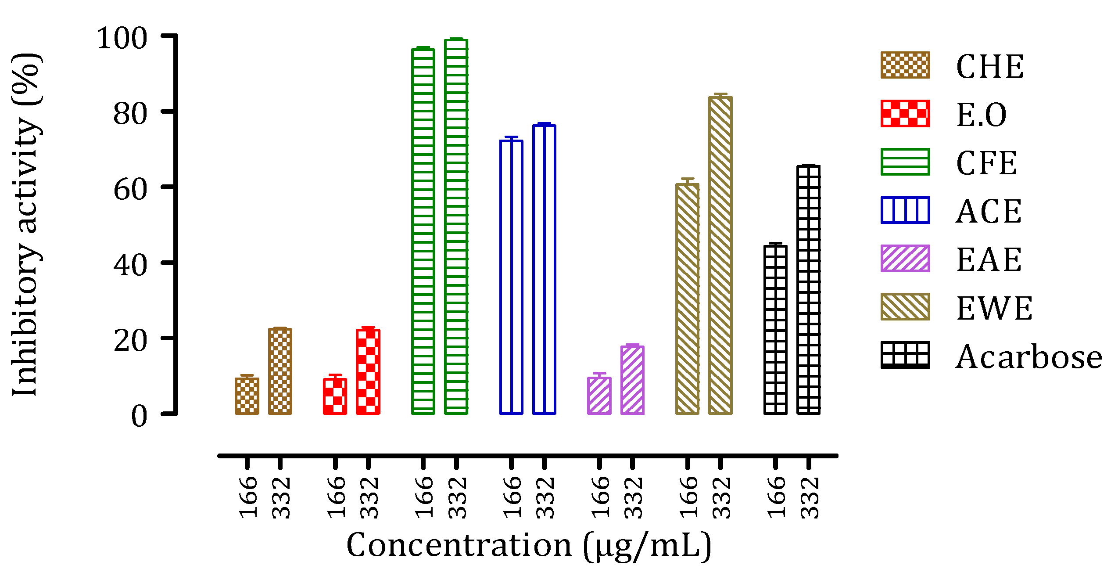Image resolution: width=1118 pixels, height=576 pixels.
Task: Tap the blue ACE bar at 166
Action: [511, 277]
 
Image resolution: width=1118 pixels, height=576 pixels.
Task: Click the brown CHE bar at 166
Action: [247, 396]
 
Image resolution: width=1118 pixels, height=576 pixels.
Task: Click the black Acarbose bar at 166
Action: [775, 330]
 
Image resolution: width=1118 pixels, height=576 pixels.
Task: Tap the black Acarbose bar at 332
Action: [809, 290]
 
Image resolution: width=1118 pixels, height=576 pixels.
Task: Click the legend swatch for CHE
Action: [905, 65]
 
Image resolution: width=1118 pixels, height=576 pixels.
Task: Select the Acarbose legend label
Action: [1028, 357]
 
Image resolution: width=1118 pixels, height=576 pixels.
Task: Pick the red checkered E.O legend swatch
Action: [905, 114]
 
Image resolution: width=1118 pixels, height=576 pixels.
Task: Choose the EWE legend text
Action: [994, 308]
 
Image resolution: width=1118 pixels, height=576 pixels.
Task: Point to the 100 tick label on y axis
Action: [122, 39]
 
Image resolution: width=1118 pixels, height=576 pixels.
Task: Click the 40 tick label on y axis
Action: [130, 265]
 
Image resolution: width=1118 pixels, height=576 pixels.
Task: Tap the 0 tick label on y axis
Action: [139, 416]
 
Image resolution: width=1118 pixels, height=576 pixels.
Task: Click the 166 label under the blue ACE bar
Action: [512, 497]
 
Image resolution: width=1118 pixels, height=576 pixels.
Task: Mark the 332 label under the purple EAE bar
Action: [633, 497]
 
